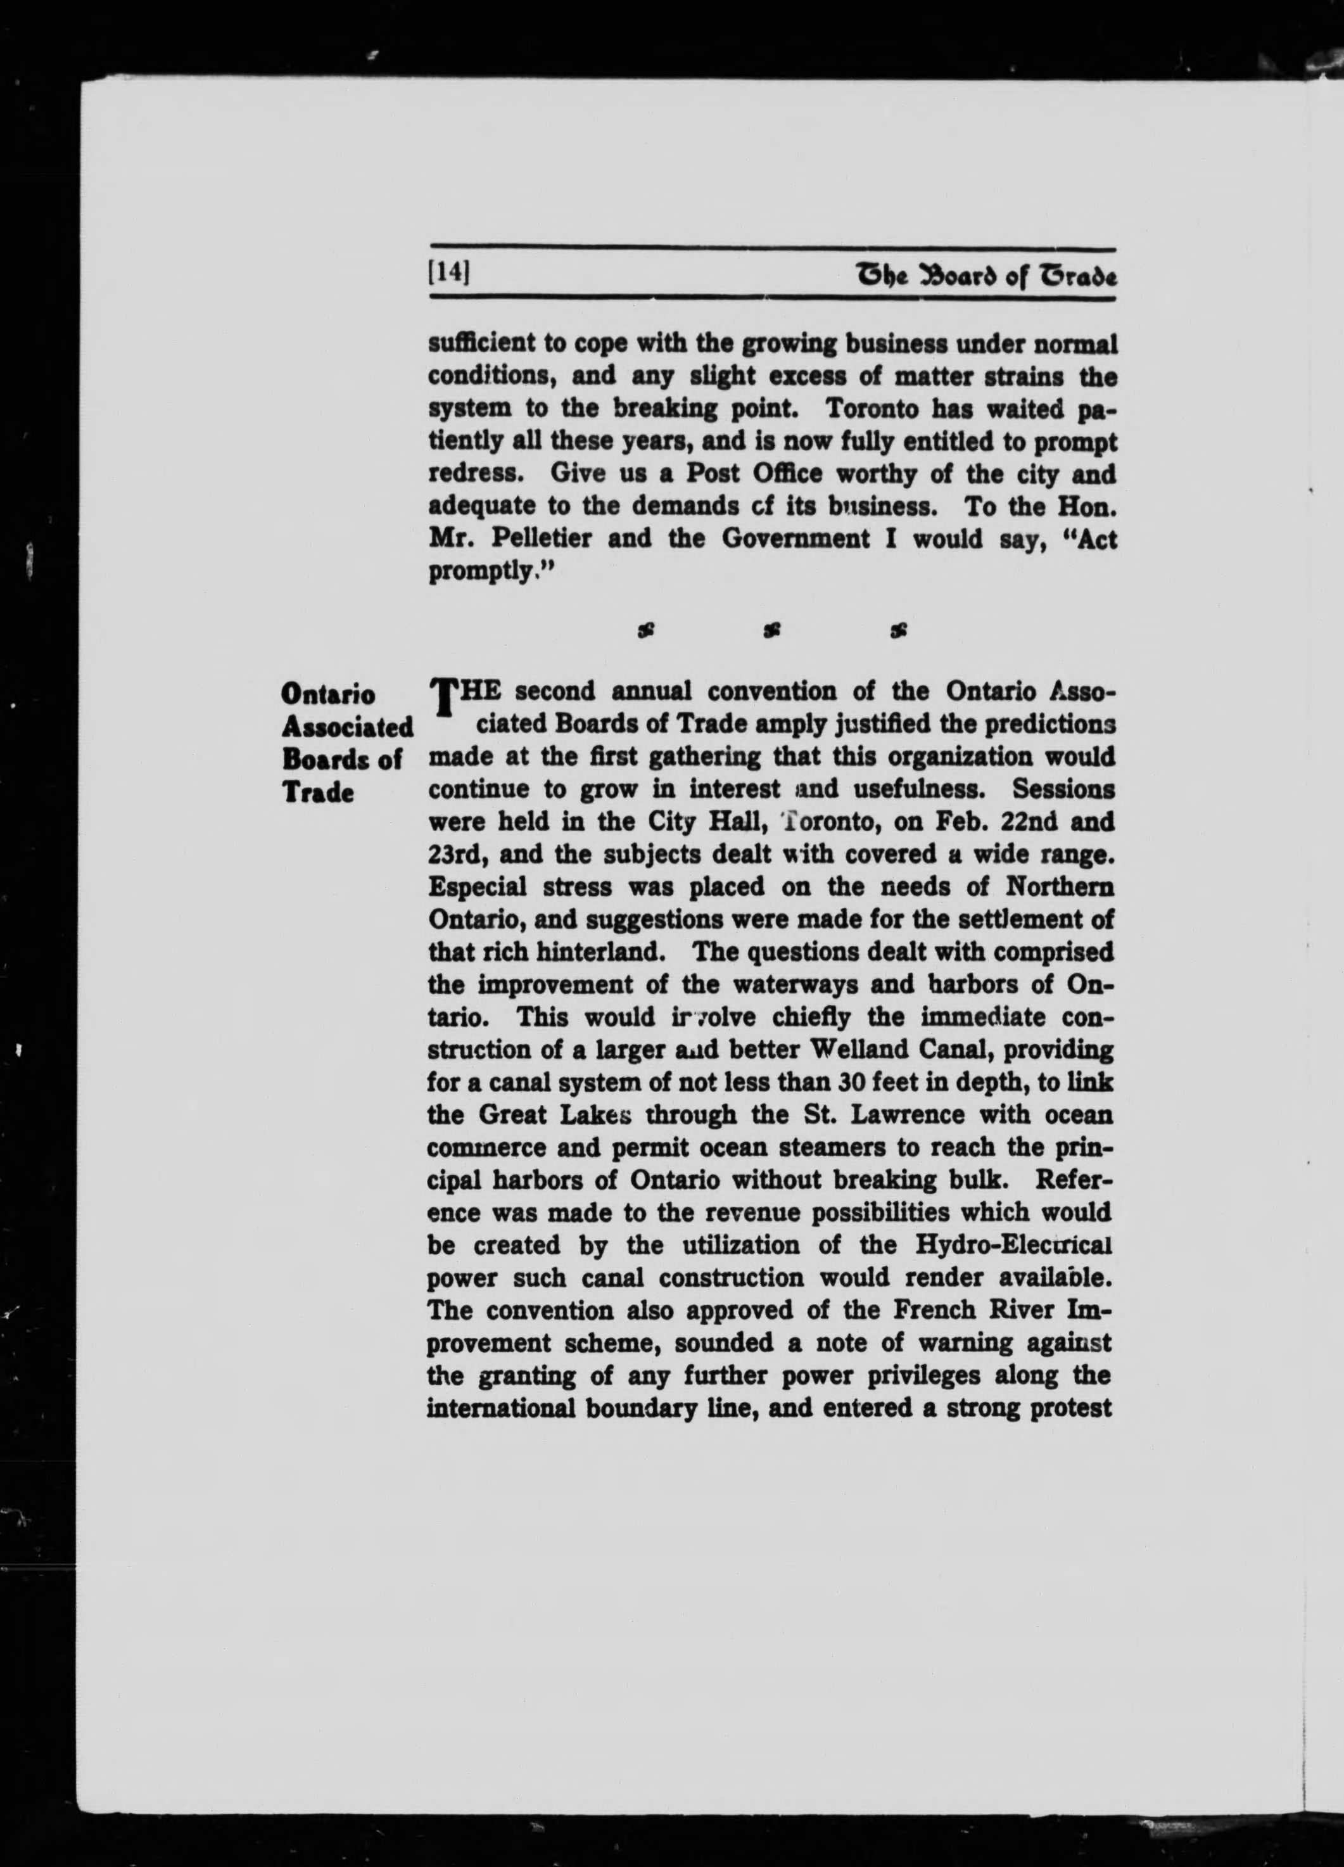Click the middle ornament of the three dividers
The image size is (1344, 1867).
click(772, 632)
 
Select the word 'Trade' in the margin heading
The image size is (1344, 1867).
click(317, 793)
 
